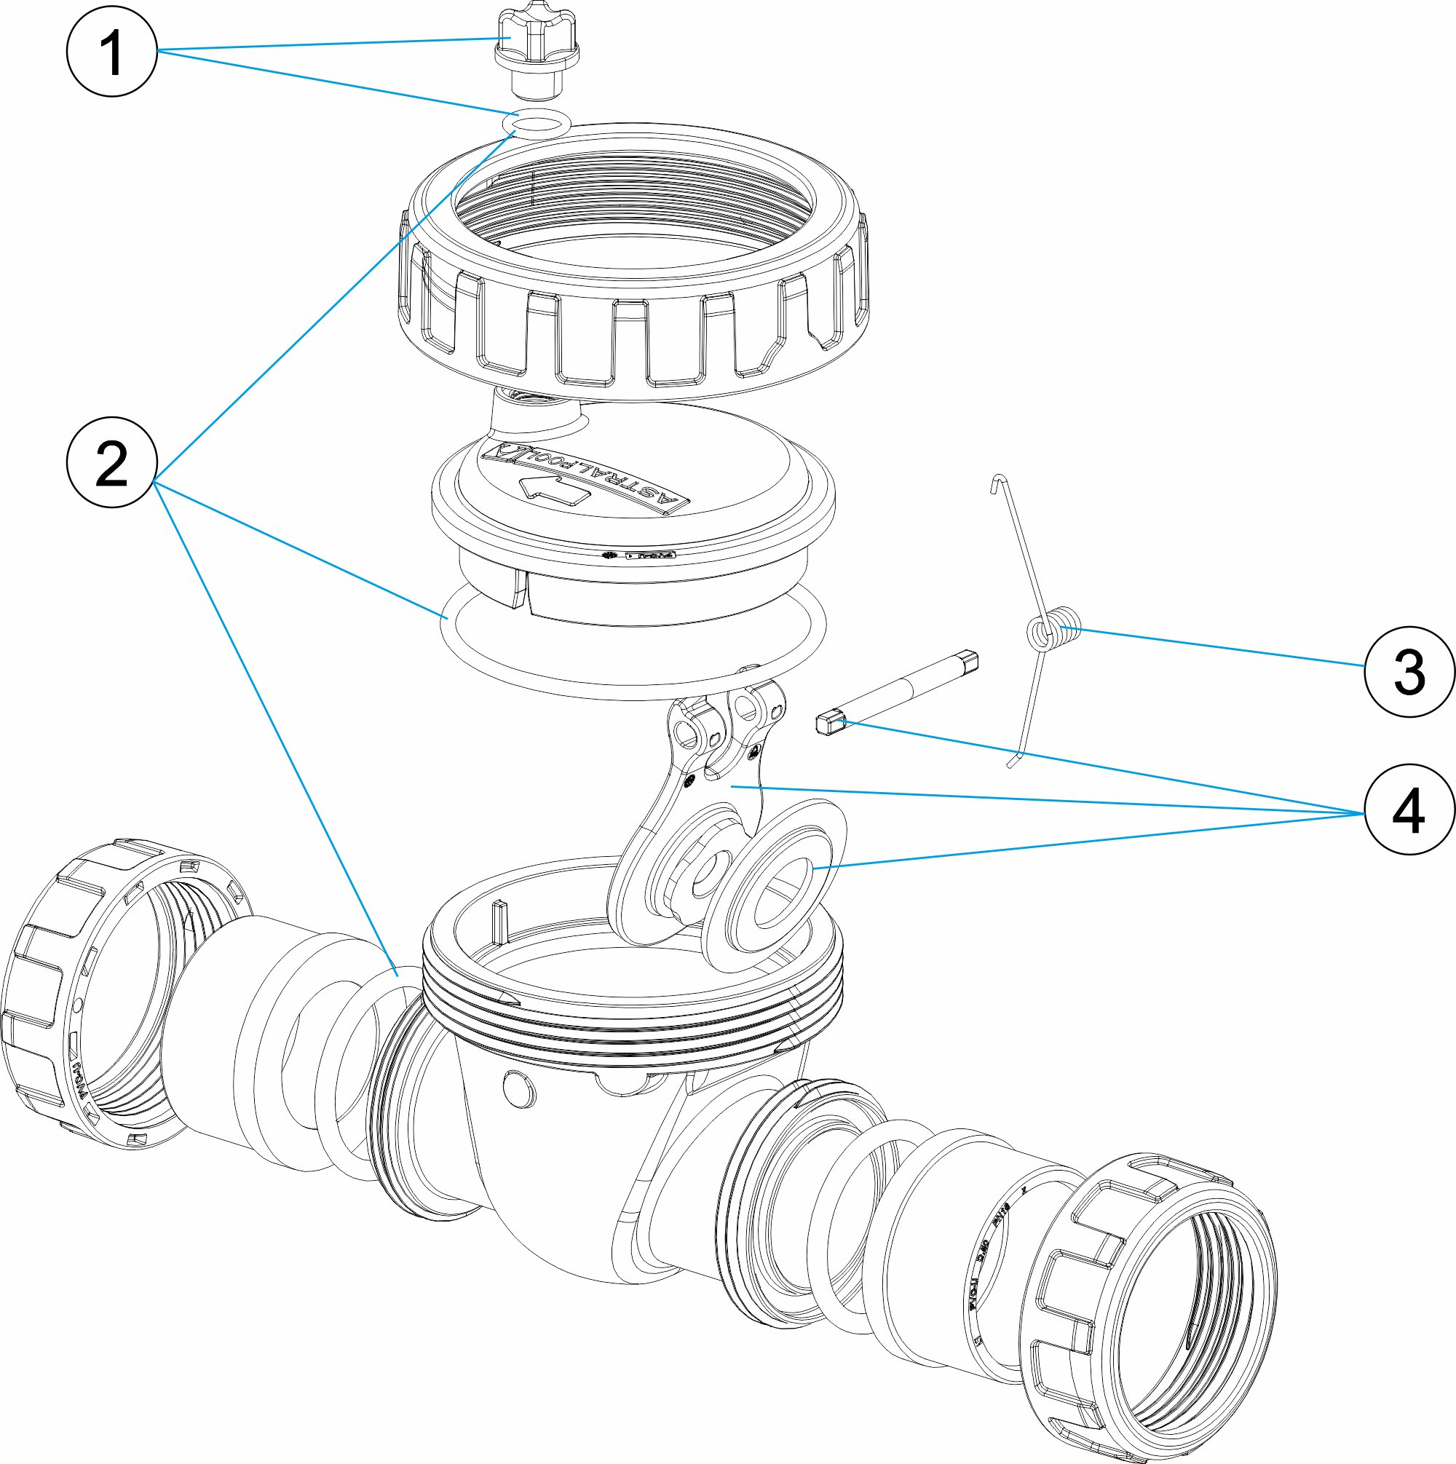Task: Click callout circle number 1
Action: point(112,52)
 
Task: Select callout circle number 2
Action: point(112,462)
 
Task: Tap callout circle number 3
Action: point(1409,671)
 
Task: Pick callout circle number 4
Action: point(1409,810)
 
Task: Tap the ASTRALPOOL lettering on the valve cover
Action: point(584,474)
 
